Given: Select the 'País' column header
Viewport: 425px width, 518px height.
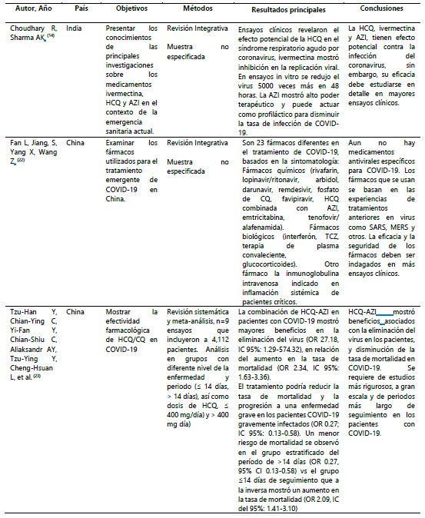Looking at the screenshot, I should [x=80, y=14].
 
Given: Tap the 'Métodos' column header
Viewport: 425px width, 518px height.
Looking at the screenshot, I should [x=181, y=14].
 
